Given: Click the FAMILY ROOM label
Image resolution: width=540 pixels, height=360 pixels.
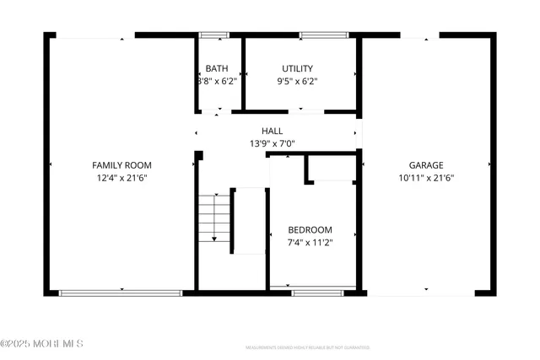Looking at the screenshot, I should click(x=121, y=165).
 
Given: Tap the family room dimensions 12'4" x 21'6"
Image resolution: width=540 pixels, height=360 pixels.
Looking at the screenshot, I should click(x=121, y=178).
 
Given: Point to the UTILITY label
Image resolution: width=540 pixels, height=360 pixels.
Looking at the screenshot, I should click(x=297, y=68).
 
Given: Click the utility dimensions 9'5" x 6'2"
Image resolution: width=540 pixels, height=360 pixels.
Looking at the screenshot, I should click(x=297, y=82).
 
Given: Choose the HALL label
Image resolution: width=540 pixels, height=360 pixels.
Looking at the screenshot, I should click(x=272, y=131).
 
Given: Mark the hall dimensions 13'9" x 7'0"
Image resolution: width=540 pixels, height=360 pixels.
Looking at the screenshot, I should click(x=272, y=144).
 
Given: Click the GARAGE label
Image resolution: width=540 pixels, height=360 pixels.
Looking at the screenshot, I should click(x=426, y=165).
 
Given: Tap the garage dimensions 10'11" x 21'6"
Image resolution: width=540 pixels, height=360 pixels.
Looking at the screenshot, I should click(x=426, y=178).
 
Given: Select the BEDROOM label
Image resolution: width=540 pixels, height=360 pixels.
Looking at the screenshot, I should click(x=310, y=229).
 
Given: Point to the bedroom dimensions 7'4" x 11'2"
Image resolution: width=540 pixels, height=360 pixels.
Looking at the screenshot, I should click(x=310, y=243).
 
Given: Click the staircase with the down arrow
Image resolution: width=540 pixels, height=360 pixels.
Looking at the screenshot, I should click(x=215, y=218).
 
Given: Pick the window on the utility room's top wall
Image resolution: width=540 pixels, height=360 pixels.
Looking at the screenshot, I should click(x=324, y=35).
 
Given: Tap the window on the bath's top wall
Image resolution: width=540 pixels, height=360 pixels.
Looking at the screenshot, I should click(x=213, y=35).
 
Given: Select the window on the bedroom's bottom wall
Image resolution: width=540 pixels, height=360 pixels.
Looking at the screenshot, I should click(x=317, y=293).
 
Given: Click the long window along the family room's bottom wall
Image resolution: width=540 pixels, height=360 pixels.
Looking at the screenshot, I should click(x=121, y=293).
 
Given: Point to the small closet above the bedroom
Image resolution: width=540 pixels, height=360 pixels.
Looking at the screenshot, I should click(x=330, y=168).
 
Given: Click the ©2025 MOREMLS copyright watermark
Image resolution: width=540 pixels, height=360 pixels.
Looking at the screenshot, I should click(x=42, y=343).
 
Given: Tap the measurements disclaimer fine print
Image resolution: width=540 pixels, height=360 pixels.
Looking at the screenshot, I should click(x=308, y=347).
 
